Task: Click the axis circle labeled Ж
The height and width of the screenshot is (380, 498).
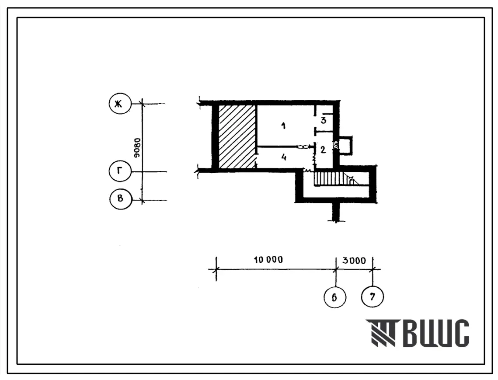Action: coord(120,104)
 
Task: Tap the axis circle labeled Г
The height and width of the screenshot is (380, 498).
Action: coord(120,171)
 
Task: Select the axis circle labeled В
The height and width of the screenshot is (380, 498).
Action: coord(120,199)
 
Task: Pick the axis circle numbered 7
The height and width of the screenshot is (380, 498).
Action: coord(372,297)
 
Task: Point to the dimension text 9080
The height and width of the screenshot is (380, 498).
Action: coord(137,148)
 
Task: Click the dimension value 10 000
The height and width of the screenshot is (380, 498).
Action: coord(268,260)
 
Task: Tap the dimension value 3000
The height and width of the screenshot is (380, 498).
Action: coord(354,261)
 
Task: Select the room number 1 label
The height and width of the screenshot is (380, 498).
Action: coord(283,126)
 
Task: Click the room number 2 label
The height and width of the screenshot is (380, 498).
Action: coord(323,150)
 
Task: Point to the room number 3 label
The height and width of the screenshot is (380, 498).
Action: coord(323,120)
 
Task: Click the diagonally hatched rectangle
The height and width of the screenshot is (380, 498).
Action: coord(237,136)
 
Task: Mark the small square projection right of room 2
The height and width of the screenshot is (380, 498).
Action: coord(345,146)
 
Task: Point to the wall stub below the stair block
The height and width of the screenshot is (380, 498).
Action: coord(336,212)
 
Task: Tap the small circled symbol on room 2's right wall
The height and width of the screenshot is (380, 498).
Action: coord(336,145)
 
